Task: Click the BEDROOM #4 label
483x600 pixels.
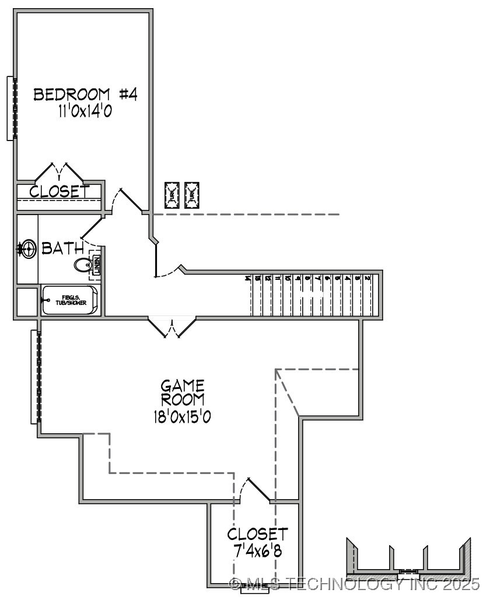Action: click(85, 94)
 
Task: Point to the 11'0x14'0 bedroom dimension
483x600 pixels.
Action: click(85, 111)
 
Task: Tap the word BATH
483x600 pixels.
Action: click(62, 249)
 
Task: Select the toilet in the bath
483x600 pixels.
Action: click(83, 265)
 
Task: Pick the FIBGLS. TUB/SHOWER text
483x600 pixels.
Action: click(71, 300)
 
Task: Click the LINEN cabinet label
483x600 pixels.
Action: click(97, 266)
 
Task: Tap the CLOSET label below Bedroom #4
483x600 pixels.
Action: click(59, 191)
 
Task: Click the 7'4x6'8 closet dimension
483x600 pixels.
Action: click(257, 551)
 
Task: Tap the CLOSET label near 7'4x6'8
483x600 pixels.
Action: click(257, 534)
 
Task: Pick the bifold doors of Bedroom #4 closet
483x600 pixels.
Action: click(60, 173)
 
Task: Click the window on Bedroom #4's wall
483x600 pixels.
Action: click(11, 108)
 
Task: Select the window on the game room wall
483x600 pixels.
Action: click(36, 377)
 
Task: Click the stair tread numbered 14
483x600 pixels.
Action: click(249, 279)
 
